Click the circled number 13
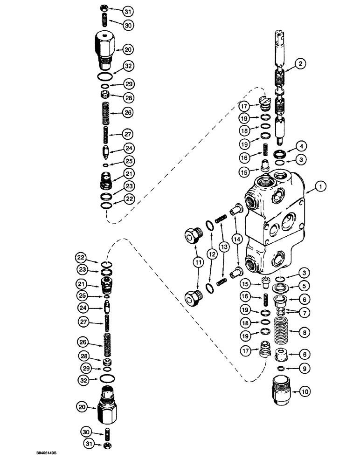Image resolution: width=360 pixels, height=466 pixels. click(x=226, y=247)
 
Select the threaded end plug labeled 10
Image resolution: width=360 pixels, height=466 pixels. click(x=281, y=393)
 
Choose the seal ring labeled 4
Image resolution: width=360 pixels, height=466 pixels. click(x=282, y=154)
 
